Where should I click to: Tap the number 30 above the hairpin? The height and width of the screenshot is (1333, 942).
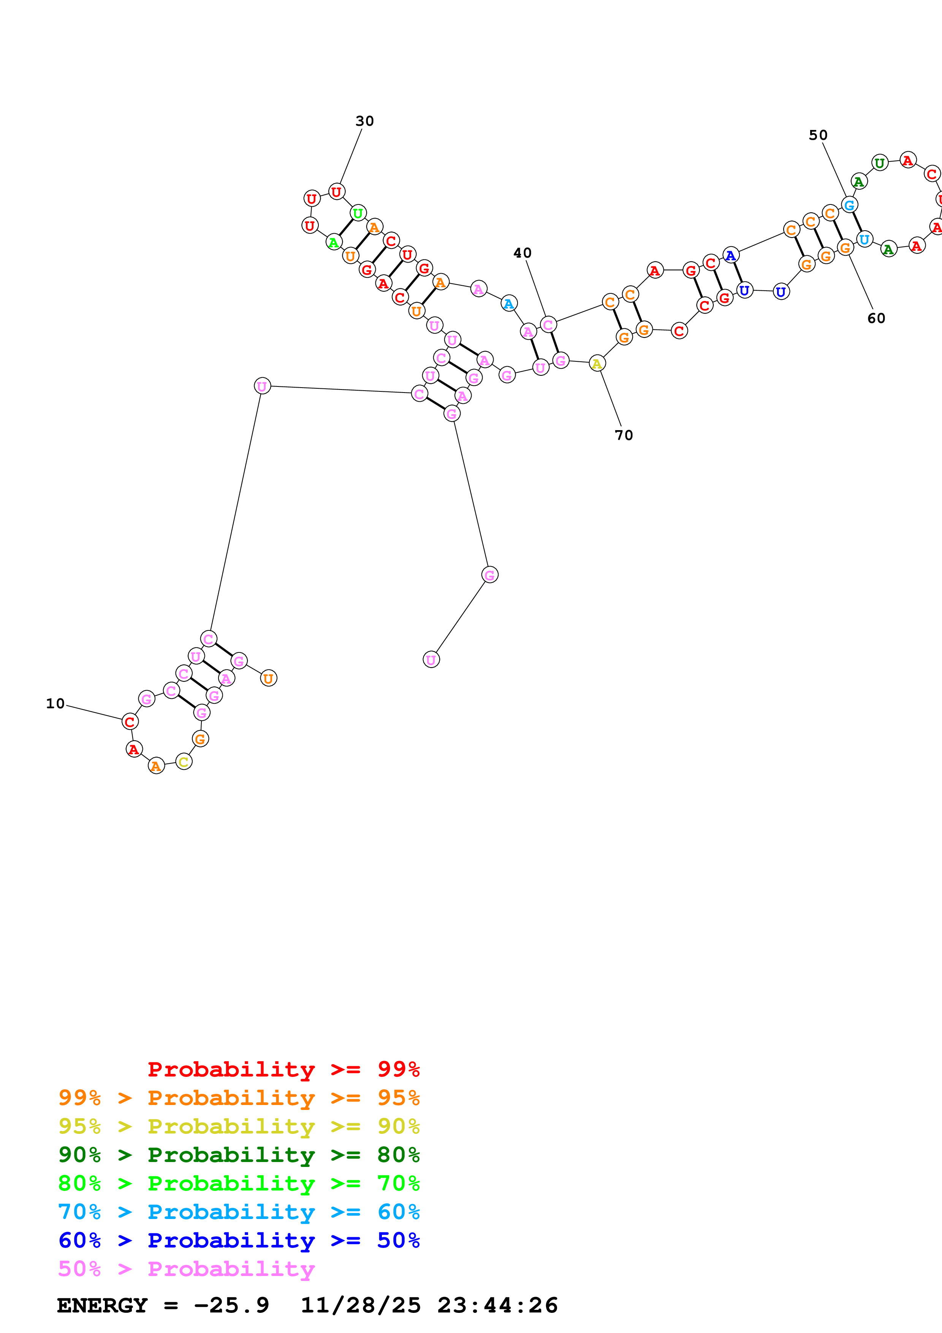[x=364, y=121]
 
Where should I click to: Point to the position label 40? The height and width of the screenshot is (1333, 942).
[x=522, y=253]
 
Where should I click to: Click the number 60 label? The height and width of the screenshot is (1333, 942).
[x=876, y=318]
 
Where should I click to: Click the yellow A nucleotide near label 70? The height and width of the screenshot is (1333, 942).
[x=597, y=363]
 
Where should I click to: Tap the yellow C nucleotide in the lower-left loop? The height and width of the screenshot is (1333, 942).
[x=184, y=762]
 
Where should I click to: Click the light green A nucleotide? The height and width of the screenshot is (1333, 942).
[x=333, y=242]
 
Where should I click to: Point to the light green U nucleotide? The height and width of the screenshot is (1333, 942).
[x=358, y=213]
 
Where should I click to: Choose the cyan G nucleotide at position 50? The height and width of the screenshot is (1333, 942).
[x=849, y=204]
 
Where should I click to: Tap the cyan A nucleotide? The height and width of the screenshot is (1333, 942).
[x=508, y=303]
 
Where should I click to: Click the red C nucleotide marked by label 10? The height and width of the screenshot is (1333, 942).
[x=130, y=722]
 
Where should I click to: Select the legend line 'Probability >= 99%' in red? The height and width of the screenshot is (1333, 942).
[x=283, y=1069]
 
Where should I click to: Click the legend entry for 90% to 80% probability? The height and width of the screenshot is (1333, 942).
[x=239, y=1155]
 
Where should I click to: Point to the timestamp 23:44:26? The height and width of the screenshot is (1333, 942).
[x=497, y=1305]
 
